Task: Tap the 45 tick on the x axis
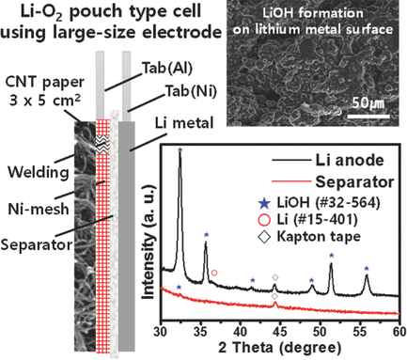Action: [280, 331]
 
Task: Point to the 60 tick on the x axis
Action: [399, 331]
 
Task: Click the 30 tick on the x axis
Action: [162, 331]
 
